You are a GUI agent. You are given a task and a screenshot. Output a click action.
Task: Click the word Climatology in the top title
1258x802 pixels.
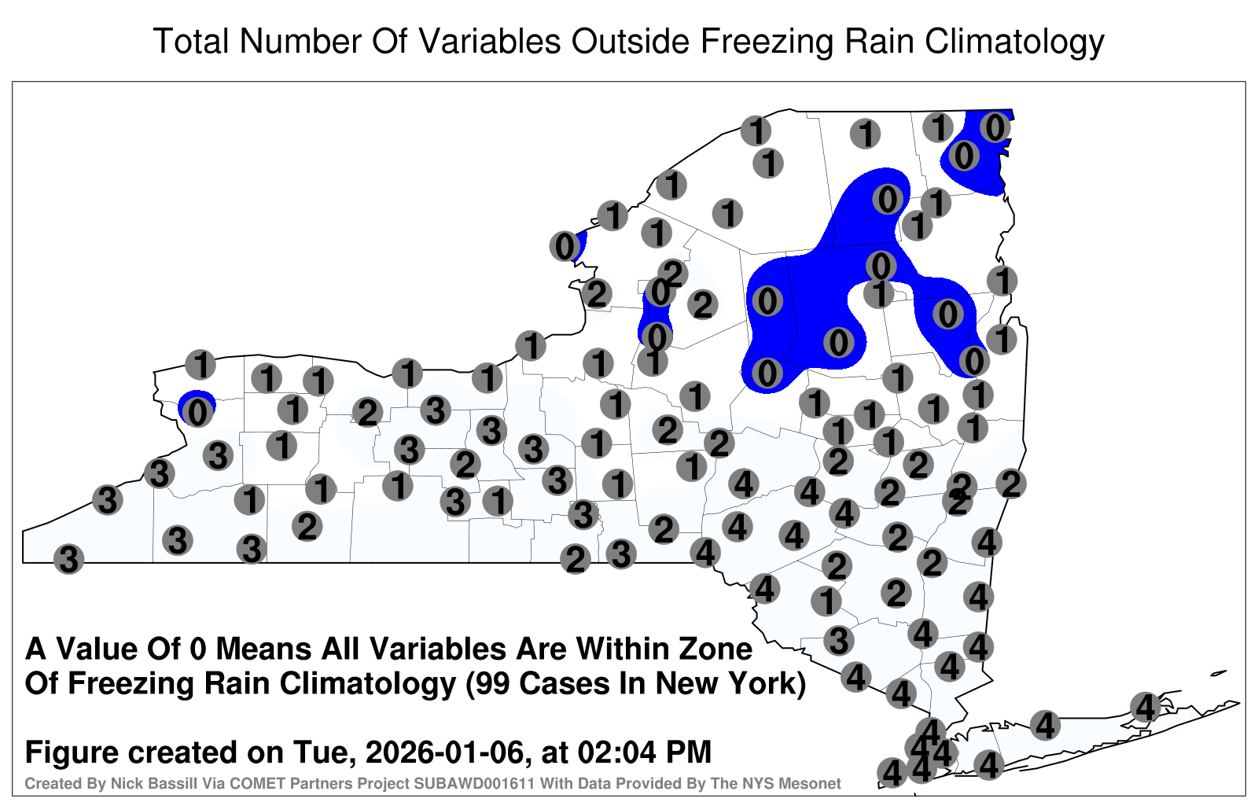(1014, 42)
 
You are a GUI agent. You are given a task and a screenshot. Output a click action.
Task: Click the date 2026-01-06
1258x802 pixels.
(445, 752)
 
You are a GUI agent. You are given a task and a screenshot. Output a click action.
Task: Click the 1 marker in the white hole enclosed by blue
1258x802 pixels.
(879, 293)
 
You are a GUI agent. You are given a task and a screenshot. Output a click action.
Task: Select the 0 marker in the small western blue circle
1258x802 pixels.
(197, 412)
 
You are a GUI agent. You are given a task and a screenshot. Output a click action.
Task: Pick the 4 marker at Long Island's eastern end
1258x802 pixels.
(1145, 707)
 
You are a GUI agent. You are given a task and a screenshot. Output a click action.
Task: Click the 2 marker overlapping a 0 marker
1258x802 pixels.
(673, 274)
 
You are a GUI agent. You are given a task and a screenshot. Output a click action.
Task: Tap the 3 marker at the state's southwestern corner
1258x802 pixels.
(68, 559)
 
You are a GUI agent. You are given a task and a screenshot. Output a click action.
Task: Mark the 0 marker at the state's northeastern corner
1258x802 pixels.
(995, 127)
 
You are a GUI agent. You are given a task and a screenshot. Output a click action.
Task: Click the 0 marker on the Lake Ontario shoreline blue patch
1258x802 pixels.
(565, 246)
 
